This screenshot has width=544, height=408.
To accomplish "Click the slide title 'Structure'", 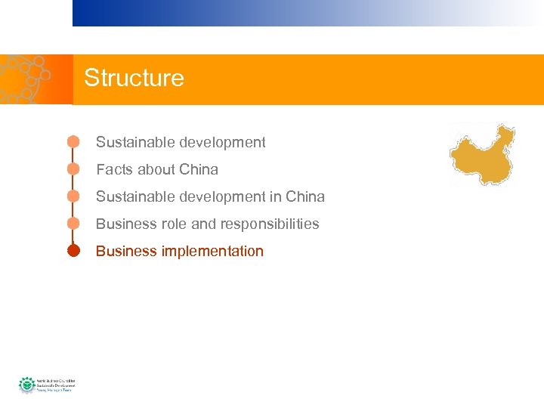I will (134, 78).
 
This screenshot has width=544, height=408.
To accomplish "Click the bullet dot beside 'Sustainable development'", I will (73, 142).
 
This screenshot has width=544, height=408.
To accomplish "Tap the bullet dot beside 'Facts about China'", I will (73, 169).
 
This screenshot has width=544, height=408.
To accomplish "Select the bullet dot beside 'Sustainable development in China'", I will (73, 196).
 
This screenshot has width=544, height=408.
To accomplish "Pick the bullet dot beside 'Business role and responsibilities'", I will (73, 224).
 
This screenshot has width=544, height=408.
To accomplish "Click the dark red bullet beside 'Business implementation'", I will (73, 251).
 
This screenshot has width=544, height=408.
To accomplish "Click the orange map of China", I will (483, 154).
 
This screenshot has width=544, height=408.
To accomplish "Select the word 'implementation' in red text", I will (212, 251).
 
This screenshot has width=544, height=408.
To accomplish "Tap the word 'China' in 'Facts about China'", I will (199, 169).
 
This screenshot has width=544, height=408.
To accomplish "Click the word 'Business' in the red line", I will (126, 251).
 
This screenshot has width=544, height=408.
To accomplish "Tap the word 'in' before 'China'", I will (277, 196).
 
